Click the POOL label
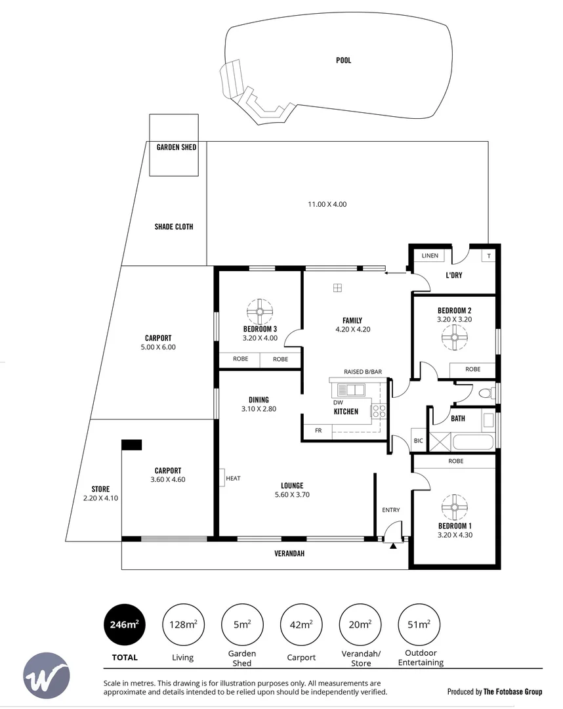point(343,60)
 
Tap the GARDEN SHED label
point(176,148)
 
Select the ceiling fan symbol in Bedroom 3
point(260,311)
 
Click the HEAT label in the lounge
point(232,479)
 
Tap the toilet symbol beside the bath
point(486,393)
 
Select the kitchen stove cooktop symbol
point(379,411)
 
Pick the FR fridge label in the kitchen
point(318,431)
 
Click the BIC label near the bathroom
point(418,440)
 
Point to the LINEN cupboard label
point(430,255)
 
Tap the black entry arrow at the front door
point(393,546)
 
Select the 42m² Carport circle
point(301,624)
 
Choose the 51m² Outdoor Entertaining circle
point(419,624)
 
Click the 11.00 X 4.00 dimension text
point(327,204)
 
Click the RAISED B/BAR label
point(362,372)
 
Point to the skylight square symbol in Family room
point(337,287)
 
